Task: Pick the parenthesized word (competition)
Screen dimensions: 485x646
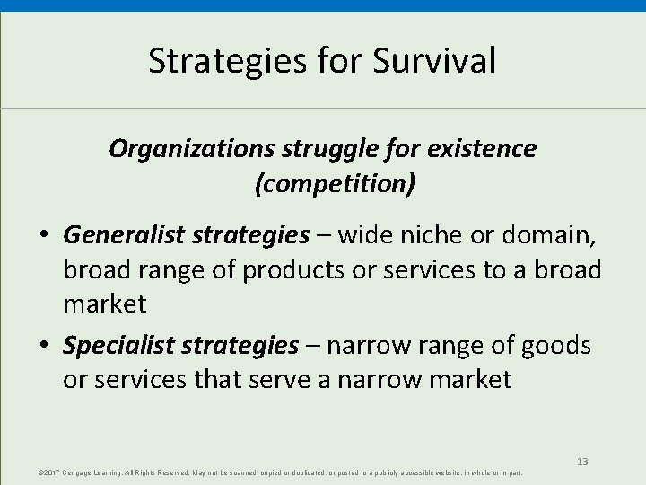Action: tap(335, 184)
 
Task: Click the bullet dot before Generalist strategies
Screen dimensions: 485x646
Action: tap(45, 236)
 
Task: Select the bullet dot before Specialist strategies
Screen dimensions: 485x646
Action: tap(45, 345)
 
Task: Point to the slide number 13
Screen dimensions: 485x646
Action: tap(582, 461)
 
